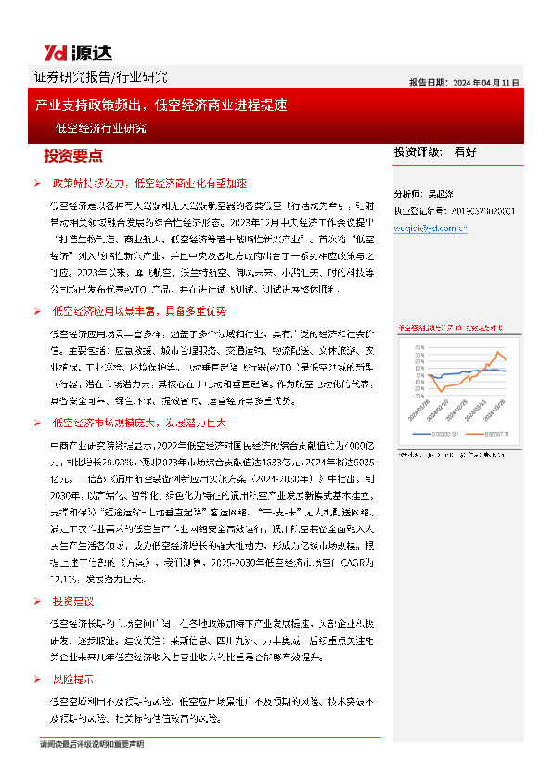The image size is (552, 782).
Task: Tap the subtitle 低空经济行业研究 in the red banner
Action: coord(100,128)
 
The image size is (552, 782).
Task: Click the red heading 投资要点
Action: coord(73,155)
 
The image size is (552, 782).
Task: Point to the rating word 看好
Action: coord(466,150)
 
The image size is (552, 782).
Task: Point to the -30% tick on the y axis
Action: coord(420,394)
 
